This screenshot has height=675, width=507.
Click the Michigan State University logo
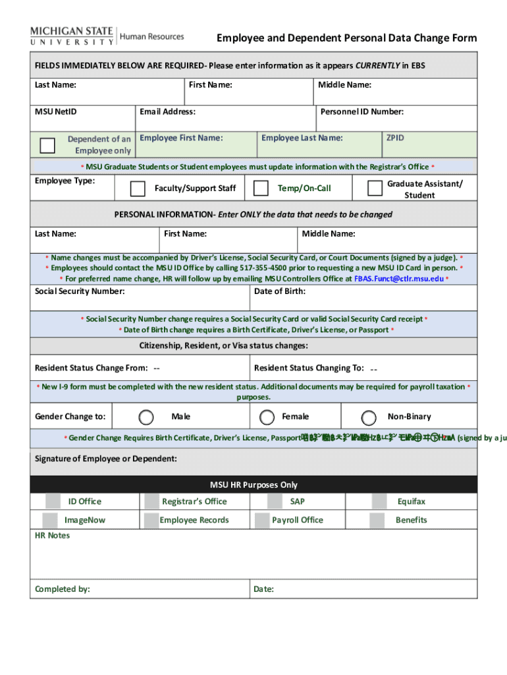[72, 36]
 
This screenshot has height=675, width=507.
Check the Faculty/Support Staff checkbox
[138, 189]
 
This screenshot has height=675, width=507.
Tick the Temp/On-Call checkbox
[261, 189]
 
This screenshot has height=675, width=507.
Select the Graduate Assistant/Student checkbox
[375, 189]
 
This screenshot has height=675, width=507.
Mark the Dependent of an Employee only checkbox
[48, 145]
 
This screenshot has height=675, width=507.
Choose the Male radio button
[147, 417]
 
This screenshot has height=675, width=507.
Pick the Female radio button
[267, 417]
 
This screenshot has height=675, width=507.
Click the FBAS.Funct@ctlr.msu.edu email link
[399, 279]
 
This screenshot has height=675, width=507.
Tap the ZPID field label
[395, 138]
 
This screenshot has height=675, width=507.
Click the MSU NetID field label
[55, 111]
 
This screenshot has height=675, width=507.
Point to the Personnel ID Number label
[361, 111]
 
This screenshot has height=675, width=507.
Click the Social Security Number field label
[80, 291]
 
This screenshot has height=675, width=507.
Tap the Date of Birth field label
[279, 291]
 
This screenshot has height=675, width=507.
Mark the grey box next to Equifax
[379, 502]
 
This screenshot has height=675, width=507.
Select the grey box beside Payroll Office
[264, 520]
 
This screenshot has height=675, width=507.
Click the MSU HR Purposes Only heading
[254, 484]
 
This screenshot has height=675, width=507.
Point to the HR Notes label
[52, 535]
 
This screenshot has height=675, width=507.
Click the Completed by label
[63, 589]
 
